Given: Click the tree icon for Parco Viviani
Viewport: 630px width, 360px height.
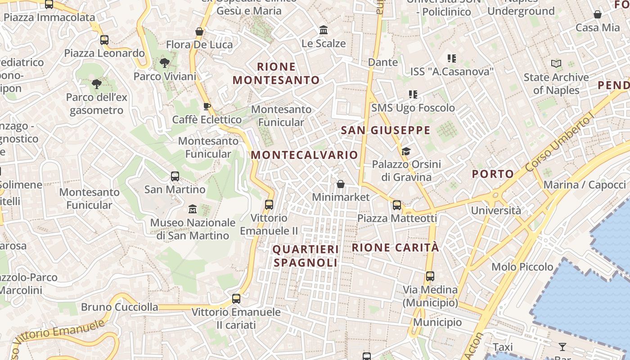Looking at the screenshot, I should pyautogui.click(x=164, y=63).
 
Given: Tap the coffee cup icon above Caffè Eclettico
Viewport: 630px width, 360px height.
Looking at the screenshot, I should pyautogui.click(x=207, y=107).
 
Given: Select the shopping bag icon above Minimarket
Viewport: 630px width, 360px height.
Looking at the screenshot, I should pyautogui.click(x=341, y=184).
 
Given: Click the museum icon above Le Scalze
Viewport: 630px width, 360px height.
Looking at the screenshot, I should pyautogui.click(x=324, y=30).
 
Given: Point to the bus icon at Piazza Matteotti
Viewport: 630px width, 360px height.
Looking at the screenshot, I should pyautogui.click(x=397, y=205).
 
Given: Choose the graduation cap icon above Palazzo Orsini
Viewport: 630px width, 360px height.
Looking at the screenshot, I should pyautogui.click(x=406, y=151).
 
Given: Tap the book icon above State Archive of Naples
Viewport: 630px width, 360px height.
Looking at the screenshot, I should pyautogui.click(x=556, y=64).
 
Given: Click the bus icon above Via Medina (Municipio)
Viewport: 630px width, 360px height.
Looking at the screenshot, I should pyautogui.click(x=430, y=276).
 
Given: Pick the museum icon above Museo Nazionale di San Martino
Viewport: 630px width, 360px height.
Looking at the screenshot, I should pyautogui.click(x=193, y=209).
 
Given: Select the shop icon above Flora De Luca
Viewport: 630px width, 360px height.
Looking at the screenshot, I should pyautogui.click(x=199, y=31).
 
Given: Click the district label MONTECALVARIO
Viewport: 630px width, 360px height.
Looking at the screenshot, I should pyautogui.click(x=304, y=155).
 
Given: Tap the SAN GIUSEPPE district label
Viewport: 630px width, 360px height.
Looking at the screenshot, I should pyautogui.click(x=386, y=130).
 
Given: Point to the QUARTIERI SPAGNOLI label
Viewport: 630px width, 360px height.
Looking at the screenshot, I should pyautogui.click(x=306, y=256).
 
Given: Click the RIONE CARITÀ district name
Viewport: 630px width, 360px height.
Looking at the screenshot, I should pyautogui.click(x=395, y=247).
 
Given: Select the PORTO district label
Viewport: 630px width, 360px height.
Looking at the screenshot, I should pyautogui.click(x=493, y=174).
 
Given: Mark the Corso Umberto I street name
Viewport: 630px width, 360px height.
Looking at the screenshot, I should pyautogui.click(x=560, y=144).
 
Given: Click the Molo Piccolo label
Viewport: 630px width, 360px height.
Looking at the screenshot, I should pyautogui.click(x=522, y=267).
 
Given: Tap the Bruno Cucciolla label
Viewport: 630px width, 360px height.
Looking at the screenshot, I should pyautogui.click(x=120, y=307).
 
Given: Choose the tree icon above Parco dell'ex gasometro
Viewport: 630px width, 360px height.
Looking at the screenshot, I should pyautogui.click(x=96, y=84).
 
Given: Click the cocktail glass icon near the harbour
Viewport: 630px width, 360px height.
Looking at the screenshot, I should pyautogui.click(x=562, y=346).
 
